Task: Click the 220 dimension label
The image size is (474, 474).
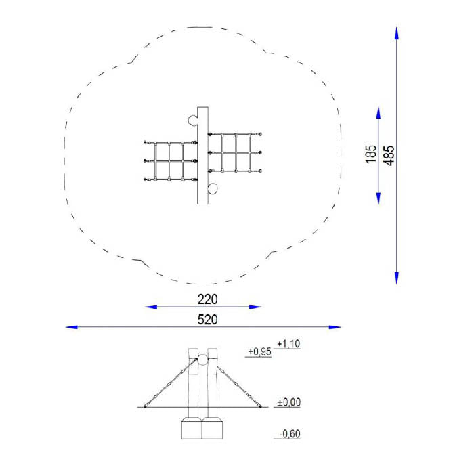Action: coord(207,299)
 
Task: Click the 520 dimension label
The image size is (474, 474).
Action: coord(207,320)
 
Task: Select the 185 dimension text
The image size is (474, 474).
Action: coord(371,154)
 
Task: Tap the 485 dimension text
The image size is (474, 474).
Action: coord(389,155)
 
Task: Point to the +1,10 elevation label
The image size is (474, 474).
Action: coord(288,344)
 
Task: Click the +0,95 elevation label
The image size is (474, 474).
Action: coord(259,351)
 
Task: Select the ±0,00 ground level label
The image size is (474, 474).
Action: coord(289,402)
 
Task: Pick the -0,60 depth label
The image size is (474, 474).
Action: coord(290,434)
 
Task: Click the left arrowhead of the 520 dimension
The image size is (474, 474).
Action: coord(71,327)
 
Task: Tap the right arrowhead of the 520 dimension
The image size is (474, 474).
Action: coord(335,327)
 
